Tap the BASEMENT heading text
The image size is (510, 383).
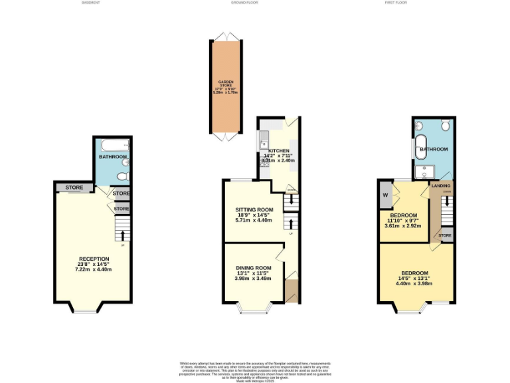(x=91, y=3)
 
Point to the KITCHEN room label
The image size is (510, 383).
(x=278, y=151)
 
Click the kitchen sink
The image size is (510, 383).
(x=265, y=139)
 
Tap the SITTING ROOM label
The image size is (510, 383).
(x=255, y=209)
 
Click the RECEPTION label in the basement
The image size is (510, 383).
(x=94, y=259)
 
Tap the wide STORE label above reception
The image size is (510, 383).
(x=74, y=188)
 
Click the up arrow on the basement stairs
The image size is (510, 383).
(x=122, y=235)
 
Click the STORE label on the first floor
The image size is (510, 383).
(x=445, y=235)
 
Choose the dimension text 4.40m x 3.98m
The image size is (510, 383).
(x=414, y=283)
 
